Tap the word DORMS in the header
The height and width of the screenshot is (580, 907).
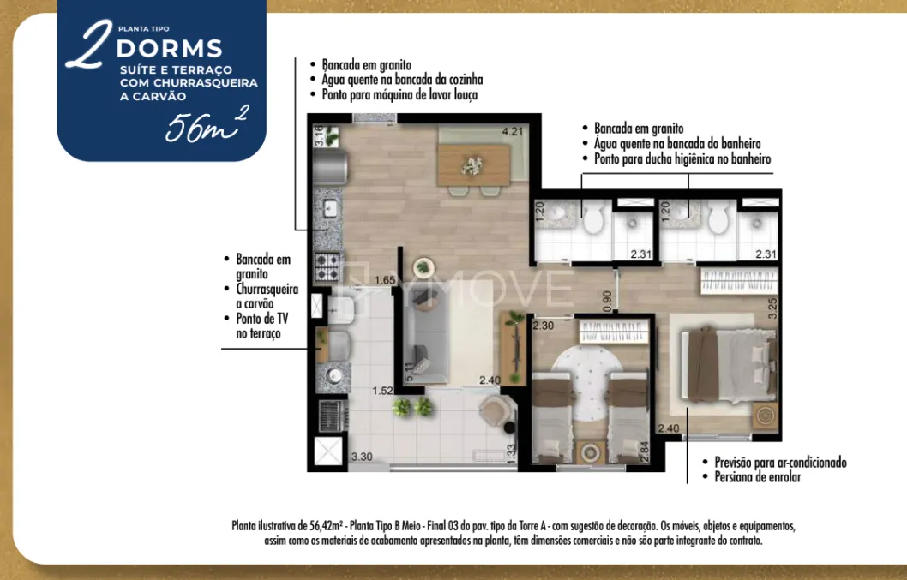tap(170, 49)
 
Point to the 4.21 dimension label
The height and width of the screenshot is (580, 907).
tap(512, 131)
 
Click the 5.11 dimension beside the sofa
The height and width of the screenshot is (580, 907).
tap(409, 372)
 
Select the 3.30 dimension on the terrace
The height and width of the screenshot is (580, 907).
tap(362, 457)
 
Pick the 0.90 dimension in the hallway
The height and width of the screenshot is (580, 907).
tap(607, 301)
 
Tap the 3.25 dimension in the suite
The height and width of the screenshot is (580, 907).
tap(772, 308)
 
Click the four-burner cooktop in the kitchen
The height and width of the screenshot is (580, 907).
tap(327, 266)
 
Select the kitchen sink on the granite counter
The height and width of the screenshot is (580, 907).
tap(330, 209)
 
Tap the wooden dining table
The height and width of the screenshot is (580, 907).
tap(473, 164)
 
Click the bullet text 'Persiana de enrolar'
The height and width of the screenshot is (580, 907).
tap(758, 477)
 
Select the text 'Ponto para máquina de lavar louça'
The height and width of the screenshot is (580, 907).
tap(399, 94)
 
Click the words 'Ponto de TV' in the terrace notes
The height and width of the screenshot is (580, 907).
tap(262, 319)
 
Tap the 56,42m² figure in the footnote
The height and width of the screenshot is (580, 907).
tap(326, 526)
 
